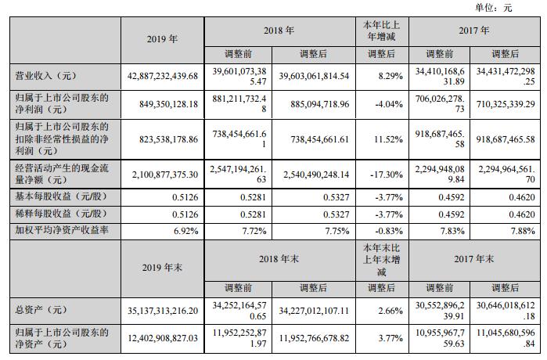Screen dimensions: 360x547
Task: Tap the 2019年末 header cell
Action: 162,265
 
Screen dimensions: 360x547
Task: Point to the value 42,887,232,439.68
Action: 162,76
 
